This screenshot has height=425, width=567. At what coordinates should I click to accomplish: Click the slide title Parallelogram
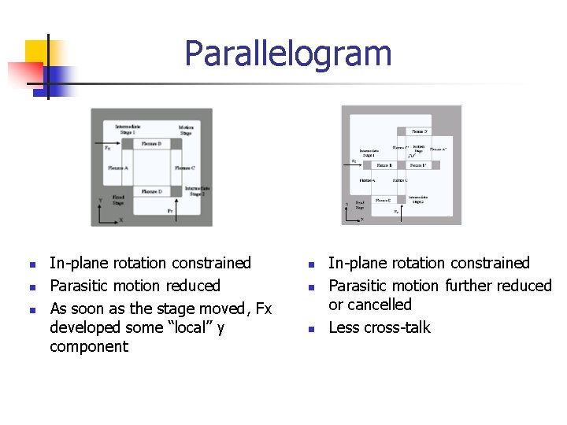click(287, 54)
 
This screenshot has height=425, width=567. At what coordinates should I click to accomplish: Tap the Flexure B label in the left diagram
click(151, 144)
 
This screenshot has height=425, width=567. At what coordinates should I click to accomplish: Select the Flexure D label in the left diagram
click(151, 191)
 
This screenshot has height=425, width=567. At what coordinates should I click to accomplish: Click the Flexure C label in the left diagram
click(183, 168)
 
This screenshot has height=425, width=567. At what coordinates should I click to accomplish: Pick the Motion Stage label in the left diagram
click(186, 130)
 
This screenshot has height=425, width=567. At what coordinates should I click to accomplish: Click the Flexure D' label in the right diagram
click(419, 131)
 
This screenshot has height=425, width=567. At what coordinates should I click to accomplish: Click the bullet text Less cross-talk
click(380, 327)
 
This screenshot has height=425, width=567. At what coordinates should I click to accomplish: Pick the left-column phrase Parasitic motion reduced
click(135, 286)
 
